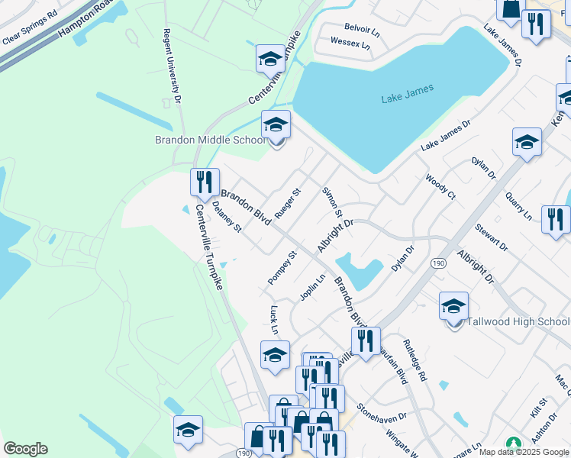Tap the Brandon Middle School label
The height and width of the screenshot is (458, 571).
point(211,140)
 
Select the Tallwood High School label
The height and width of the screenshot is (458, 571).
point(518,321)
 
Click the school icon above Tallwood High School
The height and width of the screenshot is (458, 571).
point(454,307)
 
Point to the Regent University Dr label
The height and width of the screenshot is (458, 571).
point(172,66)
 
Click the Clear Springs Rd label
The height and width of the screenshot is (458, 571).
point(30,27)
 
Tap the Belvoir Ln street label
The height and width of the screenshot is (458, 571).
point(362,31)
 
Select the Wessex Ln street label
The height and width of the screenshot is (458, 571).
point(350,44)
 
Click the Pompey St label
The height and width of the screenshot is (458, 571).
point(282,268)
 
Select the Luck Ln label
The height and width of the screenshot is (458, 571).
point(274,320)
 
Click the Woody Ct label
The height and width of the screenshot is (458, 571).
point(440,187)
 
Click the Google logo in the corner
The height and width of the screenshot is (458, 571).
point(25,449)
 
